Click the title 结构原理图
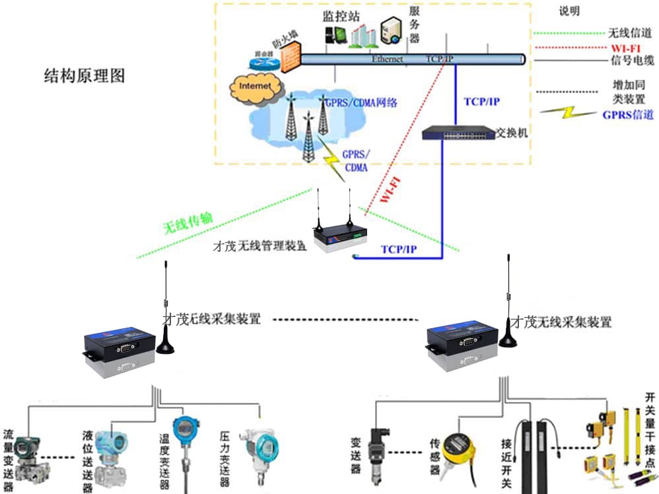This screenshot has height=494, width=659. [84, 75]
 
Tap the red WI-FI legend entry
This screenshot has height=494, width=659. [624, 48]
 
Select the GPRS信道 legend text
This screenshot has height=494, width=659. [628, 114]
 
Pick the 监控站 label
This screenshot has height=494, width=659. [336, 15]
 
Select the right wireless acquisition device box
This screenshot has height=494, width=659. [462, 341]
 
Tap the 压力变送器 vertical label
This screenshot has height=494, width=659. [225, 458]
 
